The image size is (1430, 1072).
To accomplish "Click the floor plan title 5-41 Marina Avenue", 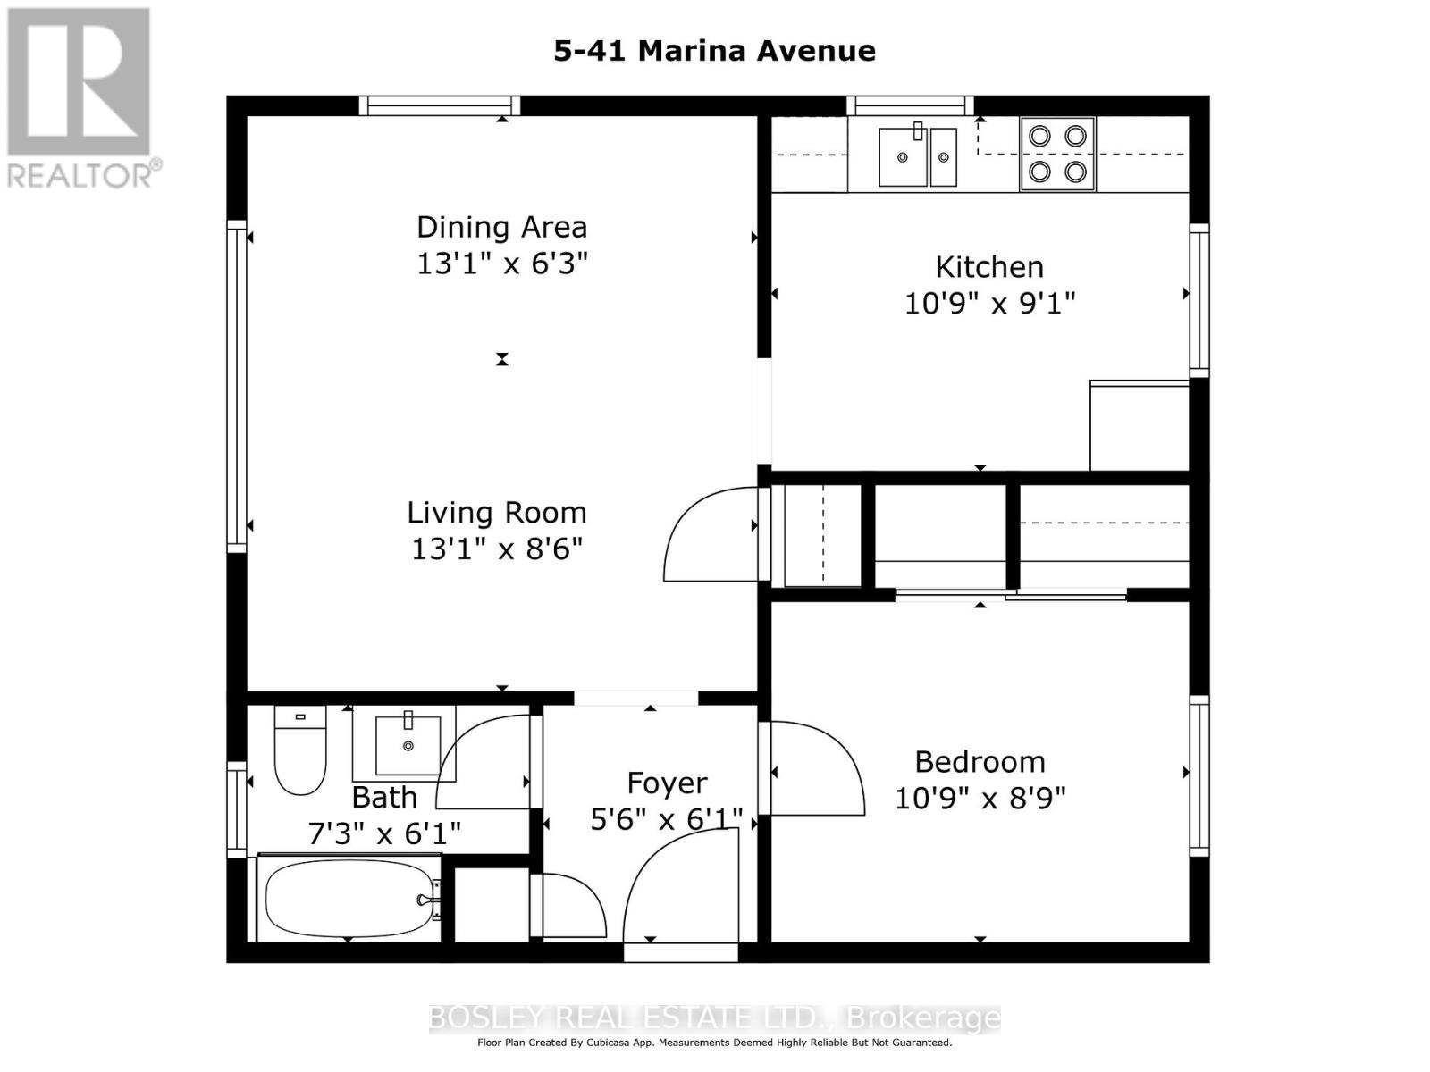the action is pyautogui.click(x=714, y=51).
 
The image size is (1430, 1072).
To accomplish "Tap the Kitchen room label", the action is pyautogui.click(x=989, y=267).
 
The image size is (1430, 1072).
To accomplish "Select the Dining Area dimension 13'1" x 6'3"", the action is pyautogui.click(x=501, y=264).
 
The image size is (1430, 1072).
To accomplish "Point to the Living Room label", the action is pyautogui.click(x=496, y=512).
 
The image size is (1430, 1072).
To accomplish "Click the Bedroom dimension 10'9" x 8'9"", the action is pyautogui.click(x=980, y=798).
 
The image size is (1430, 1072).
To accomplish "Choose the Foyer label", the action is pyautogui.click(x=667, y=783).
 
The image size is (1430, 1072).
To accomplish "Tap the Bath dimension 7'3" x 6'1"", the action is pyautogui.click(x=384, y=833).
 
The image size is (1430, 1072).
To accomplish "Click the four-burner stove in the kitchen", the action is pyautogui.click(x=1057, y=155).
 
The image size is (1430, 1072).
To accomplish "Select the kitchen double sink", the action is pyautogui.click(x=917, y=156).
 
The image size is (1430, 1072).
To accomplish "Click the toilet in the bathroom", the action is pyautogui.click(x=299, y=750).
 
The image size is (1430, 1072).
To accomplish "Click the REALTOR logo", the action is pyautogui.click(x=80, y=98).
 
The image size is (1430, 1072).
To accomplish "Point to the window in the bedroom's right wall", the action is pyautogui.click(x=1199, y=775).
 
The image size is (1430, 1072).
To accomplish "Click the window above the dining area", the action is pyautogui.click(x=440, y=105).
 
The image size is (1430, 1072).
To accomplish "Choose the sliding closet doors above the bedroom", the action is pyautogui.click(x=1011, y=594).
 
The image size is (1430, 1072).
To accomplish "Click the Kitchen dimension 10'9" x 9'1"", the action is pyautogui.click(x=989, y=304).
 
